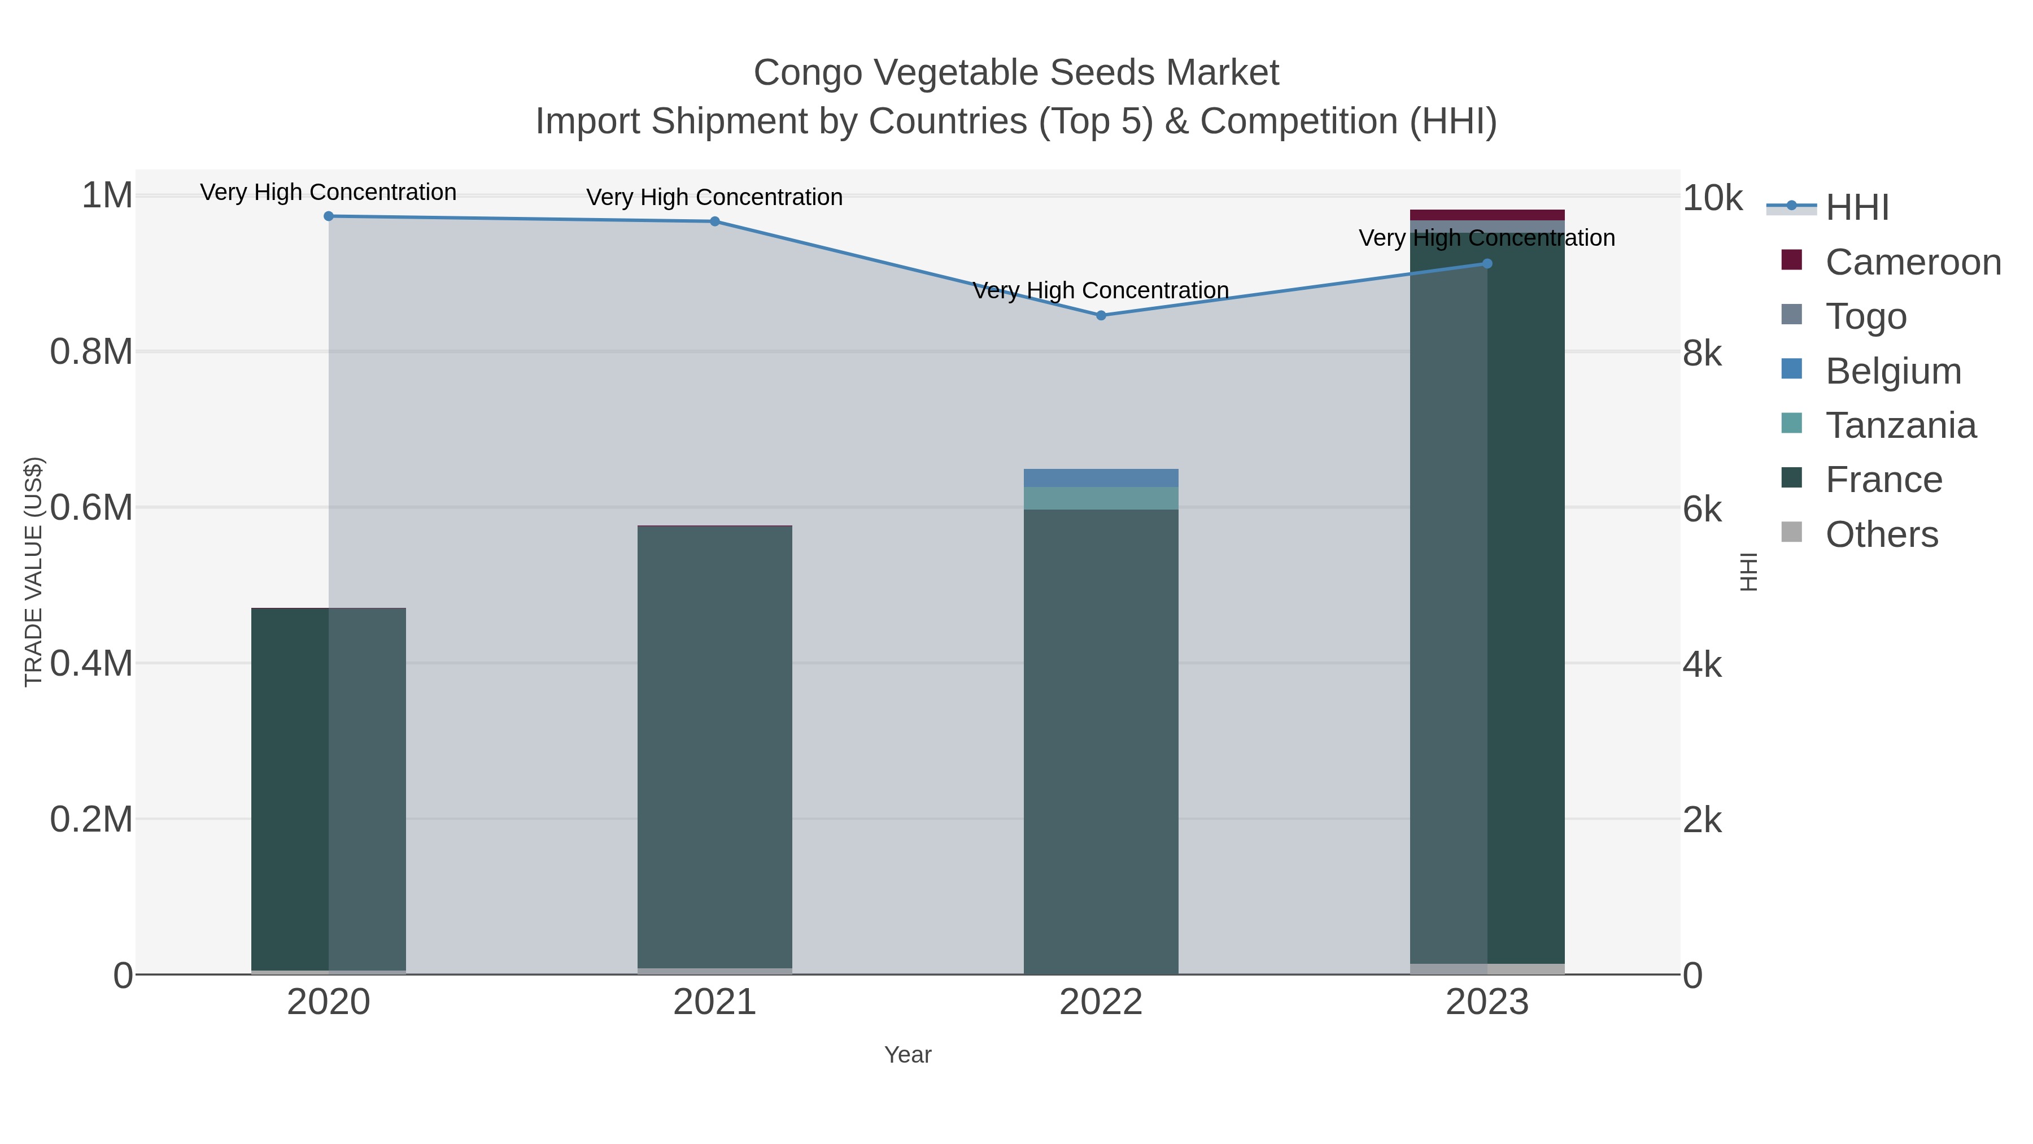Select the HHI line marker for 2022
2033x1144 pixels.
click(x=1101, y=315)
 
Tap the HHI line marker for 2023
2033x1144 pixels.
click(x=1487, y=264)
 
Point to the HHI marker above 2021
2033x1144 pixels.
click(x=715, y=222)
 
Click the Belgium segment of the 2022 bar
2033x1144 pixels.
click(x=1101, y=477)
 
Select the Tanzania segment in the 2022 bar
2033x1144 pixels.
click(x=1101, y=498)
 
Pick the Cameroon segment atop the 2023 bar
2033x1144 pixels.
click(x=1487, y=215)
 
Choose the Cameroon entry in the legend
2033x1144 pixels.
click(x=1913, y=262)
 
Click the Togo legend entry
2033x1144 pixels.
click(x=1866, y=316)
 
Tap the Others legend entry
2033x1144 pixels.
click(x=1882, y=534)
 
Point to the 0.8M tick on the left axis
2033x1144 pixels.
click(x=91, y=352)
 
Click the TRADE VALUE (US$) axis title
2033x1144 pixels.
click(x=33, y=572)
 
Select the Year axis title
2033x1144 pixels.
click(x=908, y=1055)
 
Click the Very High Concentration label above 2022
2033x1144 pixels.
click(x=1101, y=290)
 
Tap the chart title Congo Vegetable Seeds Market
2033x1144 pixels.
click(x=1016, y=73)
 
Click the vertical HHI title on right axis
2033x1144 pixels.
click(x=1749, y=572)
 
